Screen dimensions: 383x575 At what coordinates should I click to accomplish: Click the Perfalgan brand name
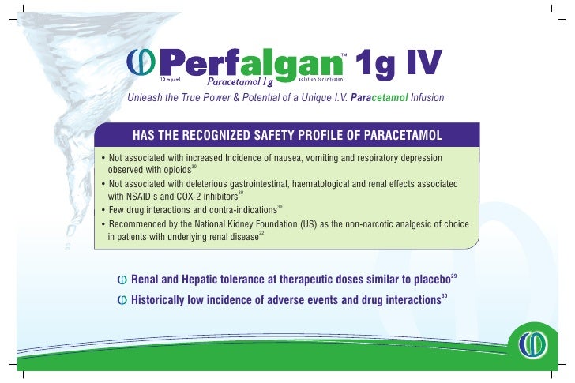coord(251,60)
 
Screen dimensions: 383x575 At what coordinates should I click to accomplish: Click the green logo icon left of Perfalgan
coord(144,60)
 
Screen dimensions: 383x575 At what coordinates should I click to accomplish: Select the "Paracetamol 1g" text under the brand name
coord(240,81)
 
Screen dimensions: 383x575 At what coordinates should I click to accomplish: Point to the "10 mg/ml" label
coord(172,79)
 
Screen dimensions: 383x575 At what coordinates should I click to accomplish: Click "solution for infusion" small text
coord(324,78)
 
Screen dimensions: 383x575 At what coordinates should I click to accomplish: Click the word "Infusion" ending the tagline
coord(427,98)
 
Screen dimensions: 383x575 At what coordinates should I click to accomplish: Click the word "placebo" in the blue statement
coord(427,279)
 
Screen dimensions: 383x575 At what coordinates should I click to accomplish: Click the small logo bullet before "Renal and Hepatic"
coord(122,280)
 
